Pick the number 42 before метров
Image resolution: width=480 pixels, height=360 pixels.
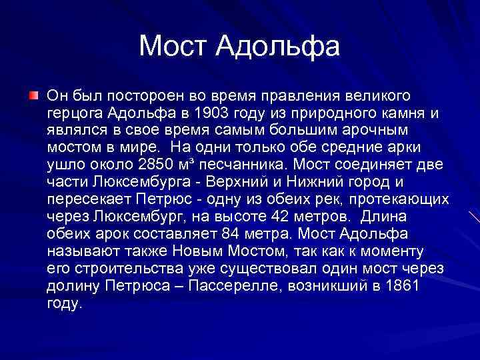(x=287, y=216)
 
